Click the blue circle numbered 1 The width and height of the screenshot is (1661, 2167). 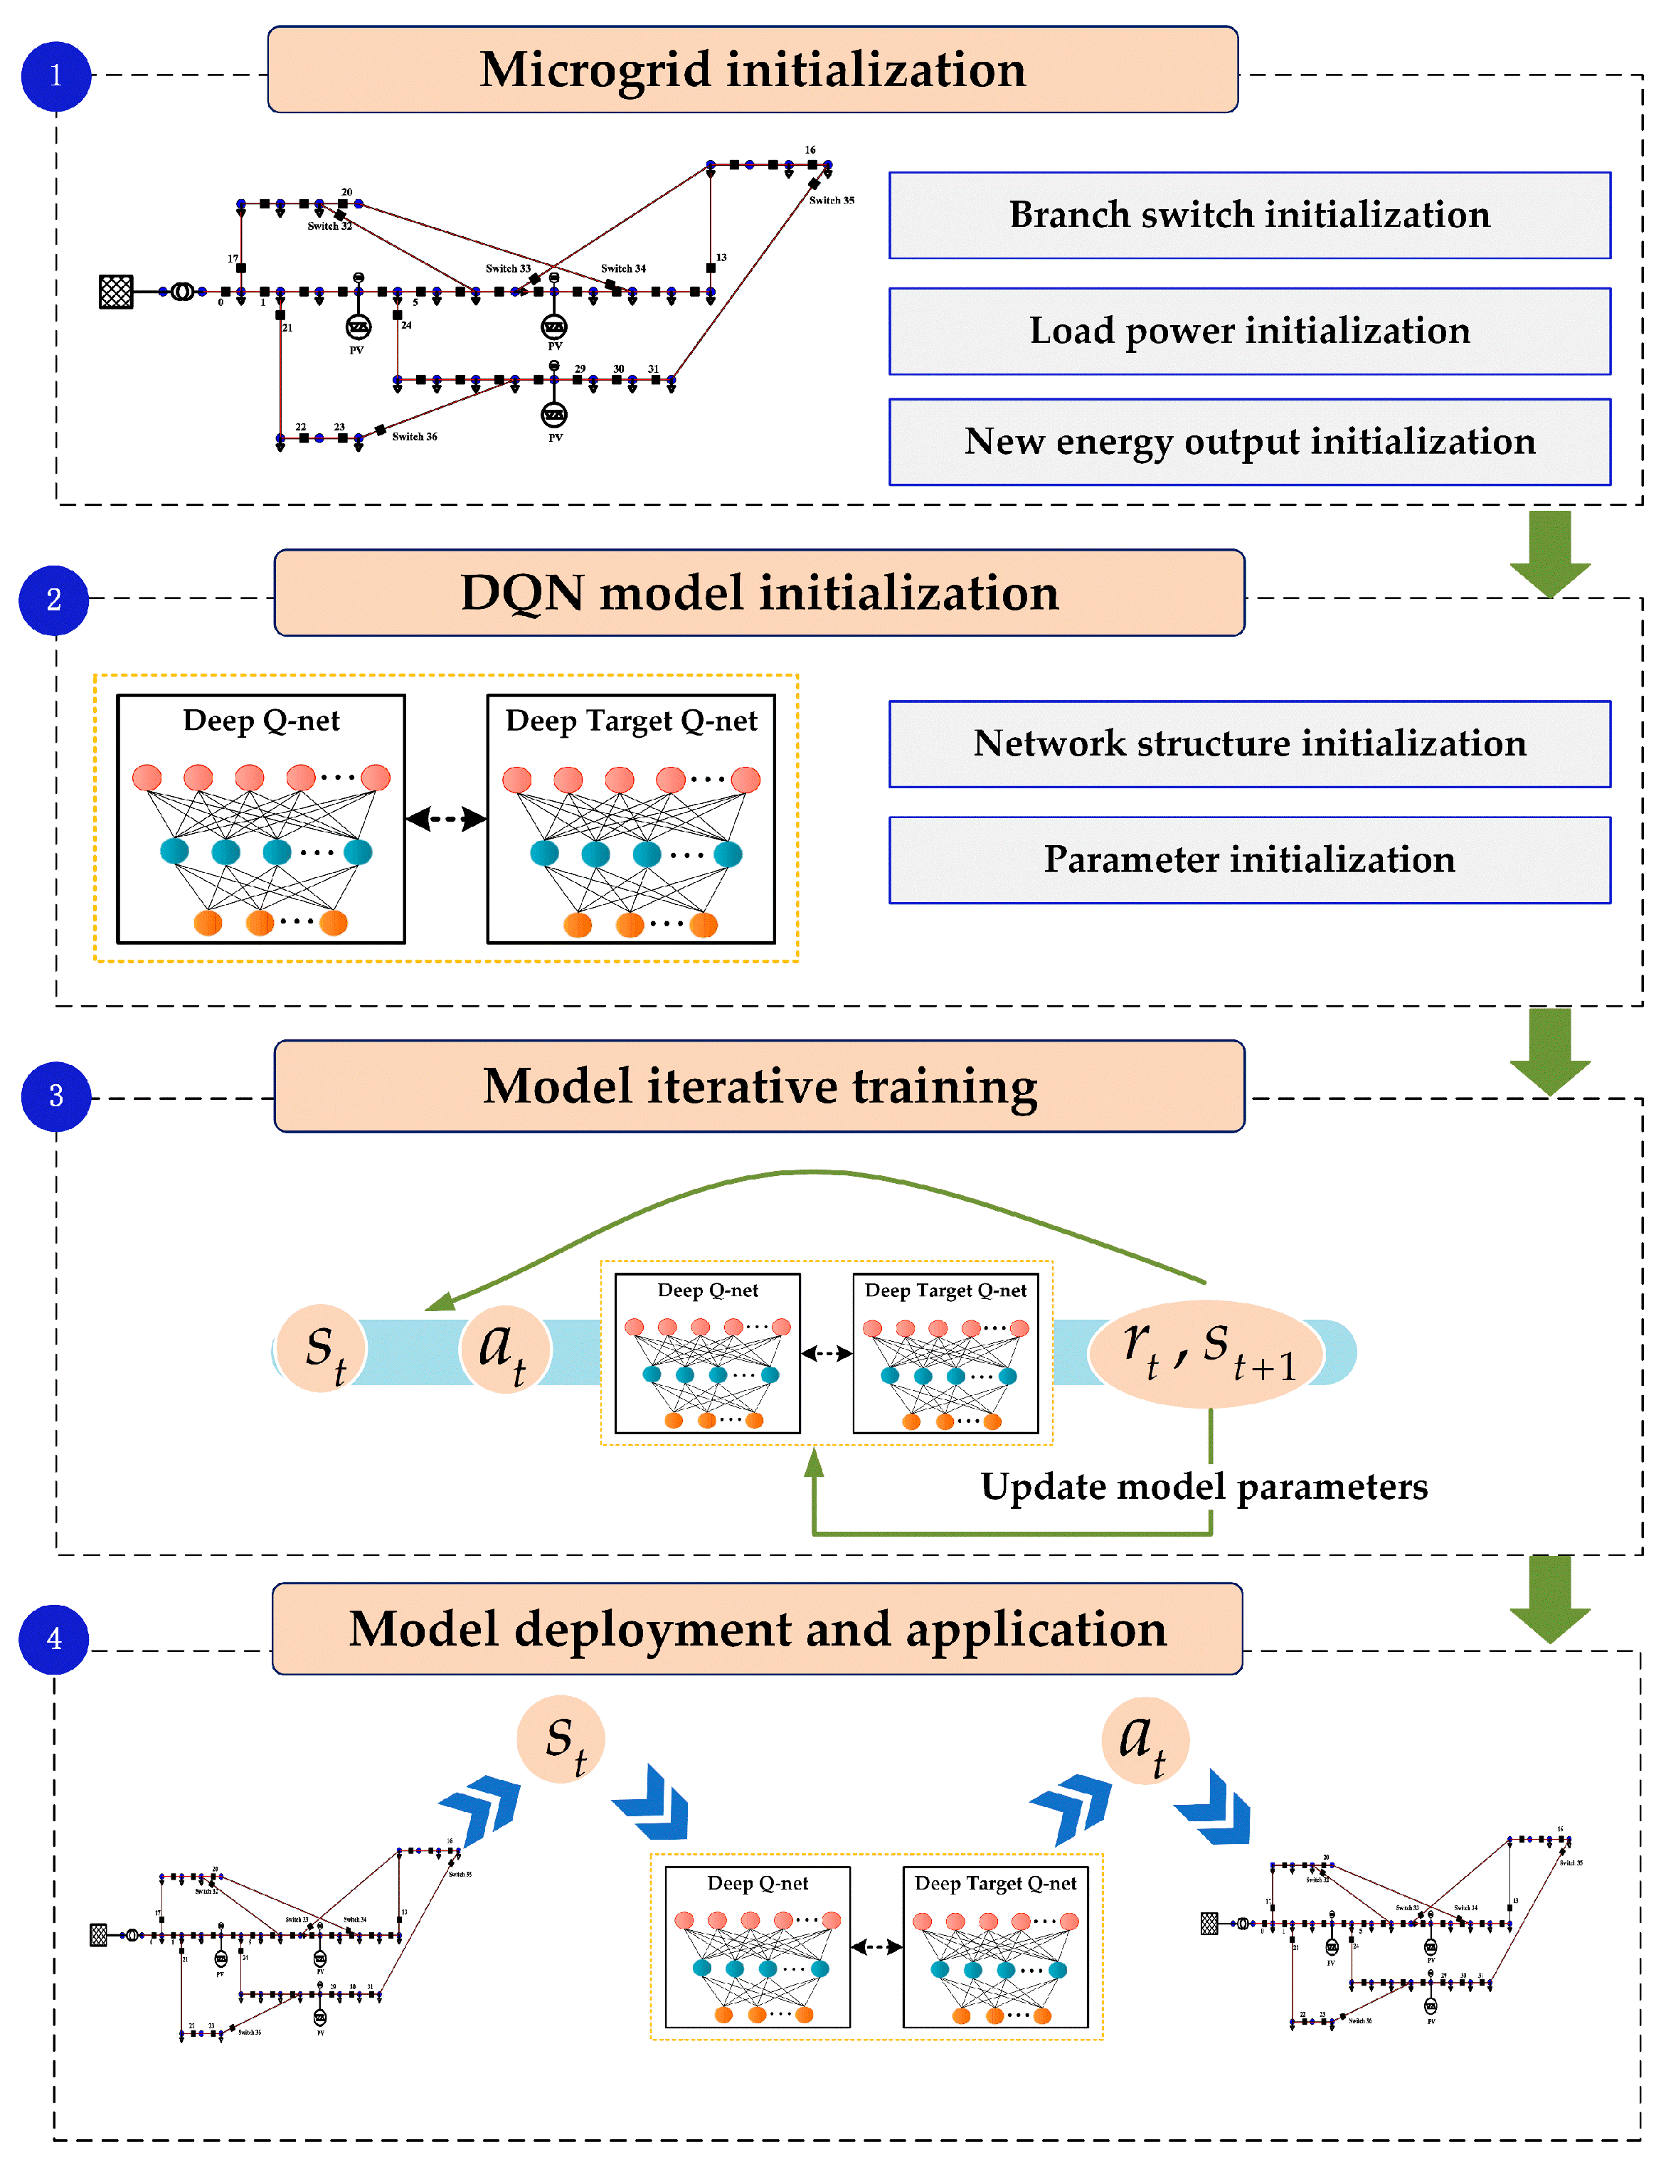(x=56, y=76)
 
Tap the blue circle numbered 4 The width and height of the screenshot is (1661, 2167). (x=54, y=1638)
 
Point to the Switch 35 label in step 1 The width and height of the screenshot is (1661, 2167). (x=832, y=201)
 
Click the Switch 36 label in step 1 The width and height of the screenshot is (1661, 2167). (x=414, y=436)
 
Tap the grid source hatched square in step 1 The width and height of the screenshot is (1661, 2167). (x=117, y=292)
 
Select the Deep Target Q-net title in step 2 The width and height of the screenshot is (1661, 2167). (x=631, y=721)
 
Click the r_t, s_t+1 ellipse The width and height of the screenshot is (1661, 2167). (x=1208, y=1352)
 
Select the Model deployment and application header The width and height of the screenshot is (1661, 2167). (x=758, y=1629)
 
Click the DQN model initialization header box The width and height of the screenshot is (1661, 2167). (x=759, y=593)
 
